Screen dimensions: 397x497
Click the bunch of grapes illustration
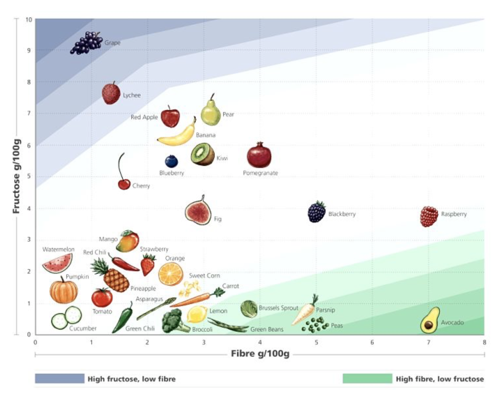(x=86, y=43)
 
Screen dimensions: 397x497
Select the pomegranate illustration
(x=259, y=155)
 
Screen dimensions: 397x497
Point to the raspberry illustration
(x=429, y=216)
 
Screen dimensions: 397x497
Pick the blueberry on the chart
(x=171, y=161)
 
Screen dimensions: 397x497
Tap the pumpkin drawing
(x=64, y=291)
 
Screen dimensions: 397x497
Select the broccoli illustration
(x=174, y=321)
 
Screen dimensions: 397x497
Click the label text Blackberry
(x=342, y=214)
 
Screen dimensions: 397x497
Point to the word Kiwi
(x=222, y=158)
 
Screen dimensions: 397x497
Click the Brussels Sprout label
(x=278, y=308)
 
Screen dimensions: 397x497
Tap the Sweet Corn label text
(x=204, y=275)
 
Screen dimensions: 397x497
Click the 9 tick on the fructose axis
(x=29, y=50)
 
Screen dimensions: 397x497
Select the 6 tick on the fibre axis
(x=372, y=342)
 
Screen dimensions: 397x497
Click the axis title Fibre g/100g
(x=260, y=354)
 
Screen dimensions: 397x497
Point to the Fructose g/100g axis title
(x=16, y=176)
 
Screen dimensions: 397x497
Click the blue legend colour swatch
(x=59, y=379)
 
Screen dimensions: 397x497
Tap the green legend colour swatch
(x=367, y=379)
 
